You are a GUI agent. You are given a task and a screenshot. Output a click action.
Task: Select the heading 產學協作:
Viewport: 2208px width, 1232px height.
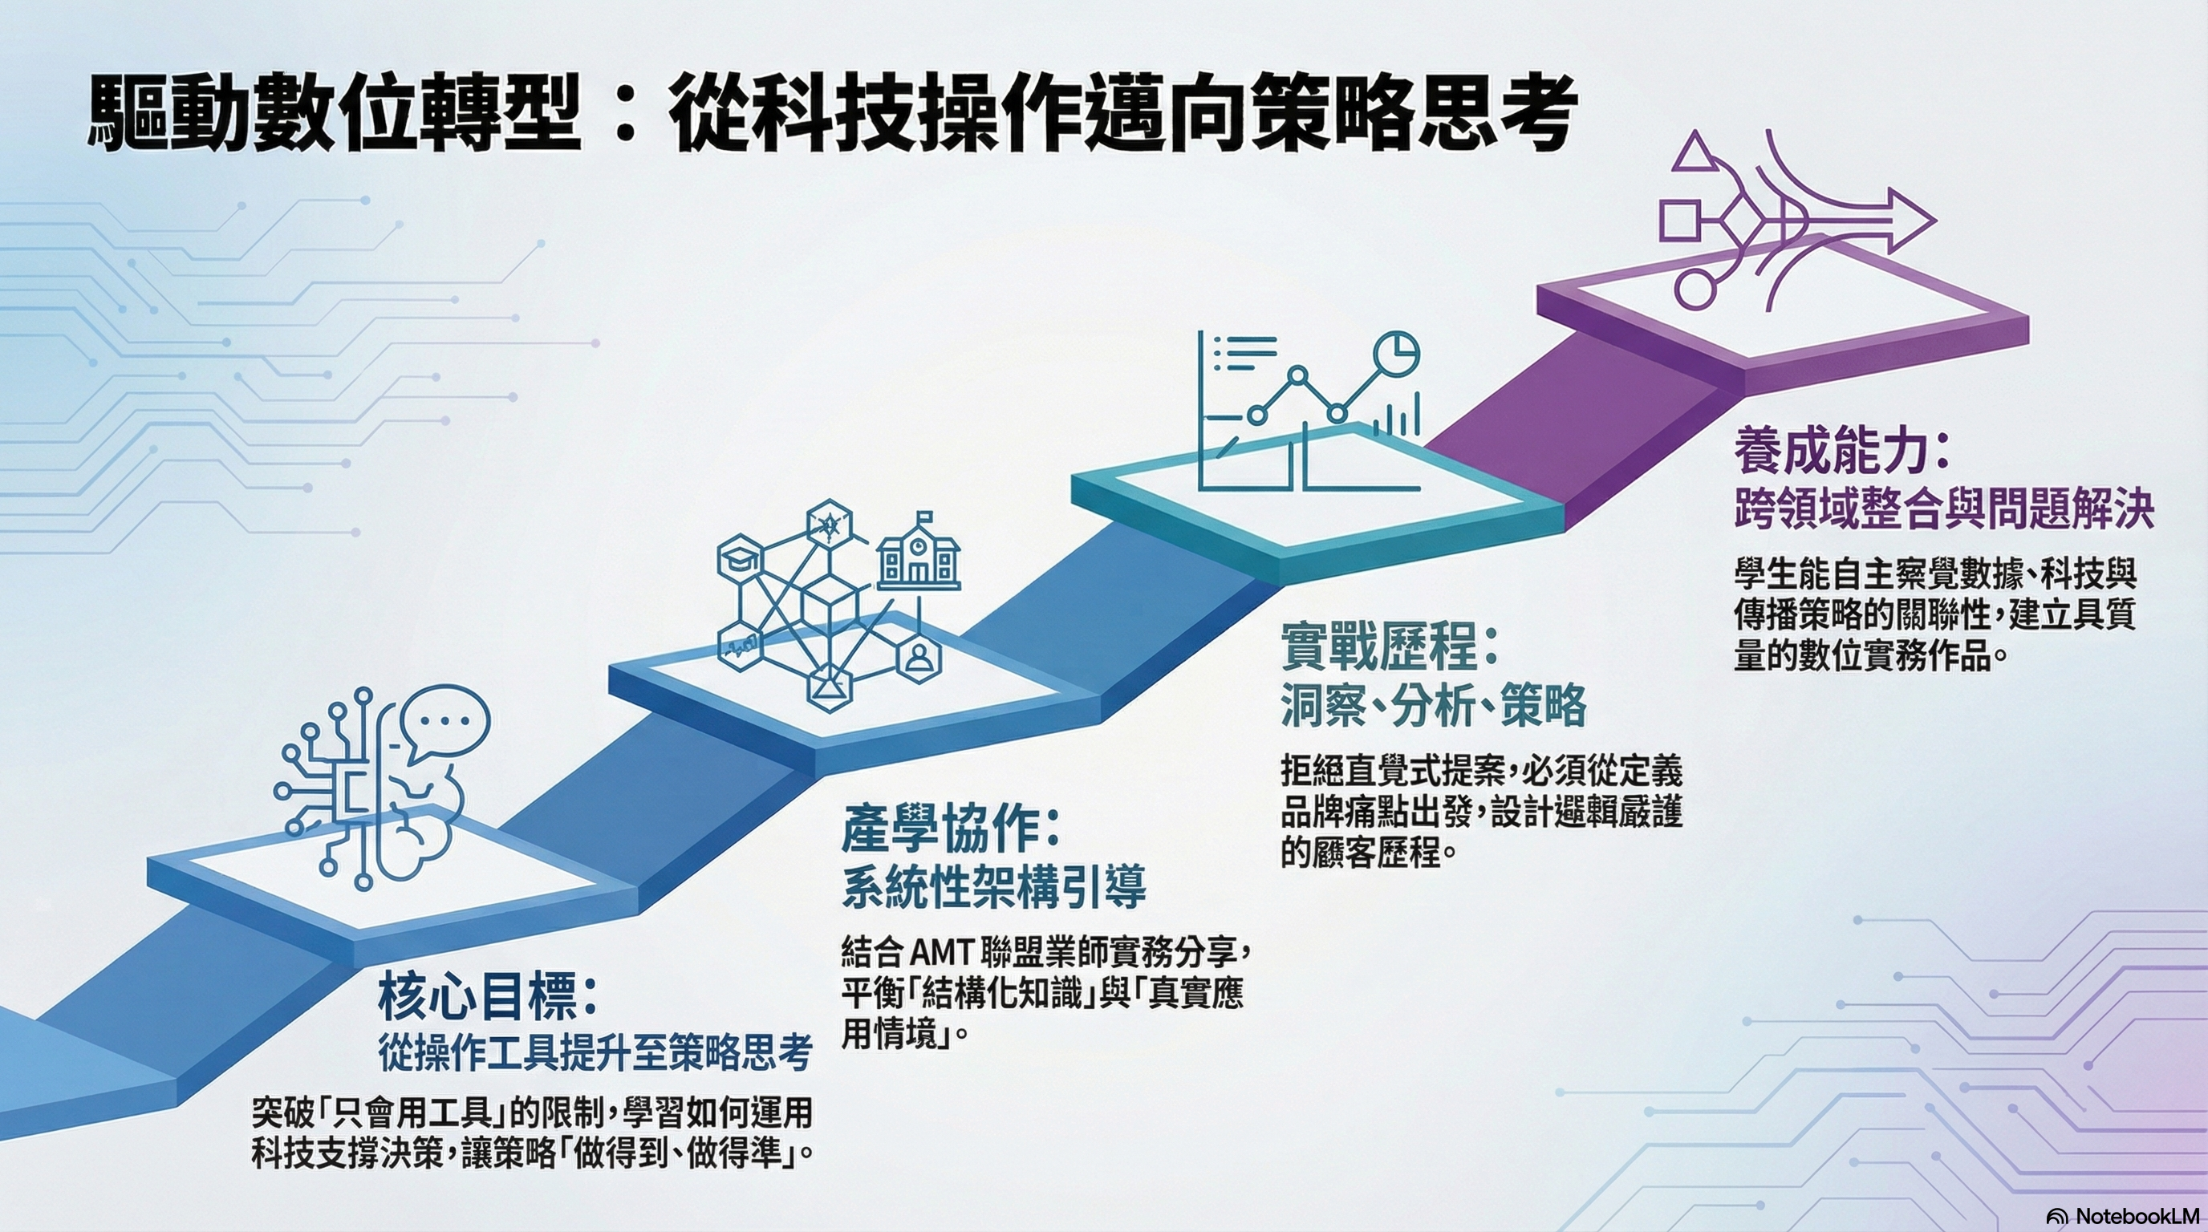[951, 829]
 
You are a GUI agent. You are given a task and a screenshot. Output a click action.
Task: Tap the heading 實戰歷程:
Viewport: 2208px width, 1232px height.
[1390, 646]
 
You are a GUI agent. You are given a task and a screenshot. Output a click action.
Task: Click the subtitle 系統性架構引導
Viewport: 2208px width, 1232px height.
[993, 887]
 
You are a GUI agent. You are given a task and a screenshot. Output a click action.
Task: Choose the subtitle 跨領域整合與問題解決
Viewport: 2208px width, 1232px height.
[1944, 509]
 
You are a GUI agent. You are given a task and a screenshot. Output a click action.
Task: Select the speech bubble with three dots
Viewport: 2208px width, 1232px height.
[444, 722]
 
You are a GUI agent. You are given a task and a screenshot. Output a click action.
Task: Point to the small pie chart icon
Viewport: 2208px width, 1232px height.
[1396, 354]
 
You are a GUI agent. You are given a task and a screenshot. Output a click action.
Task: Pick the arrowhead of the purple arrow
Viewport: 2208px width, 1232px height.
[1910, 221]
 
